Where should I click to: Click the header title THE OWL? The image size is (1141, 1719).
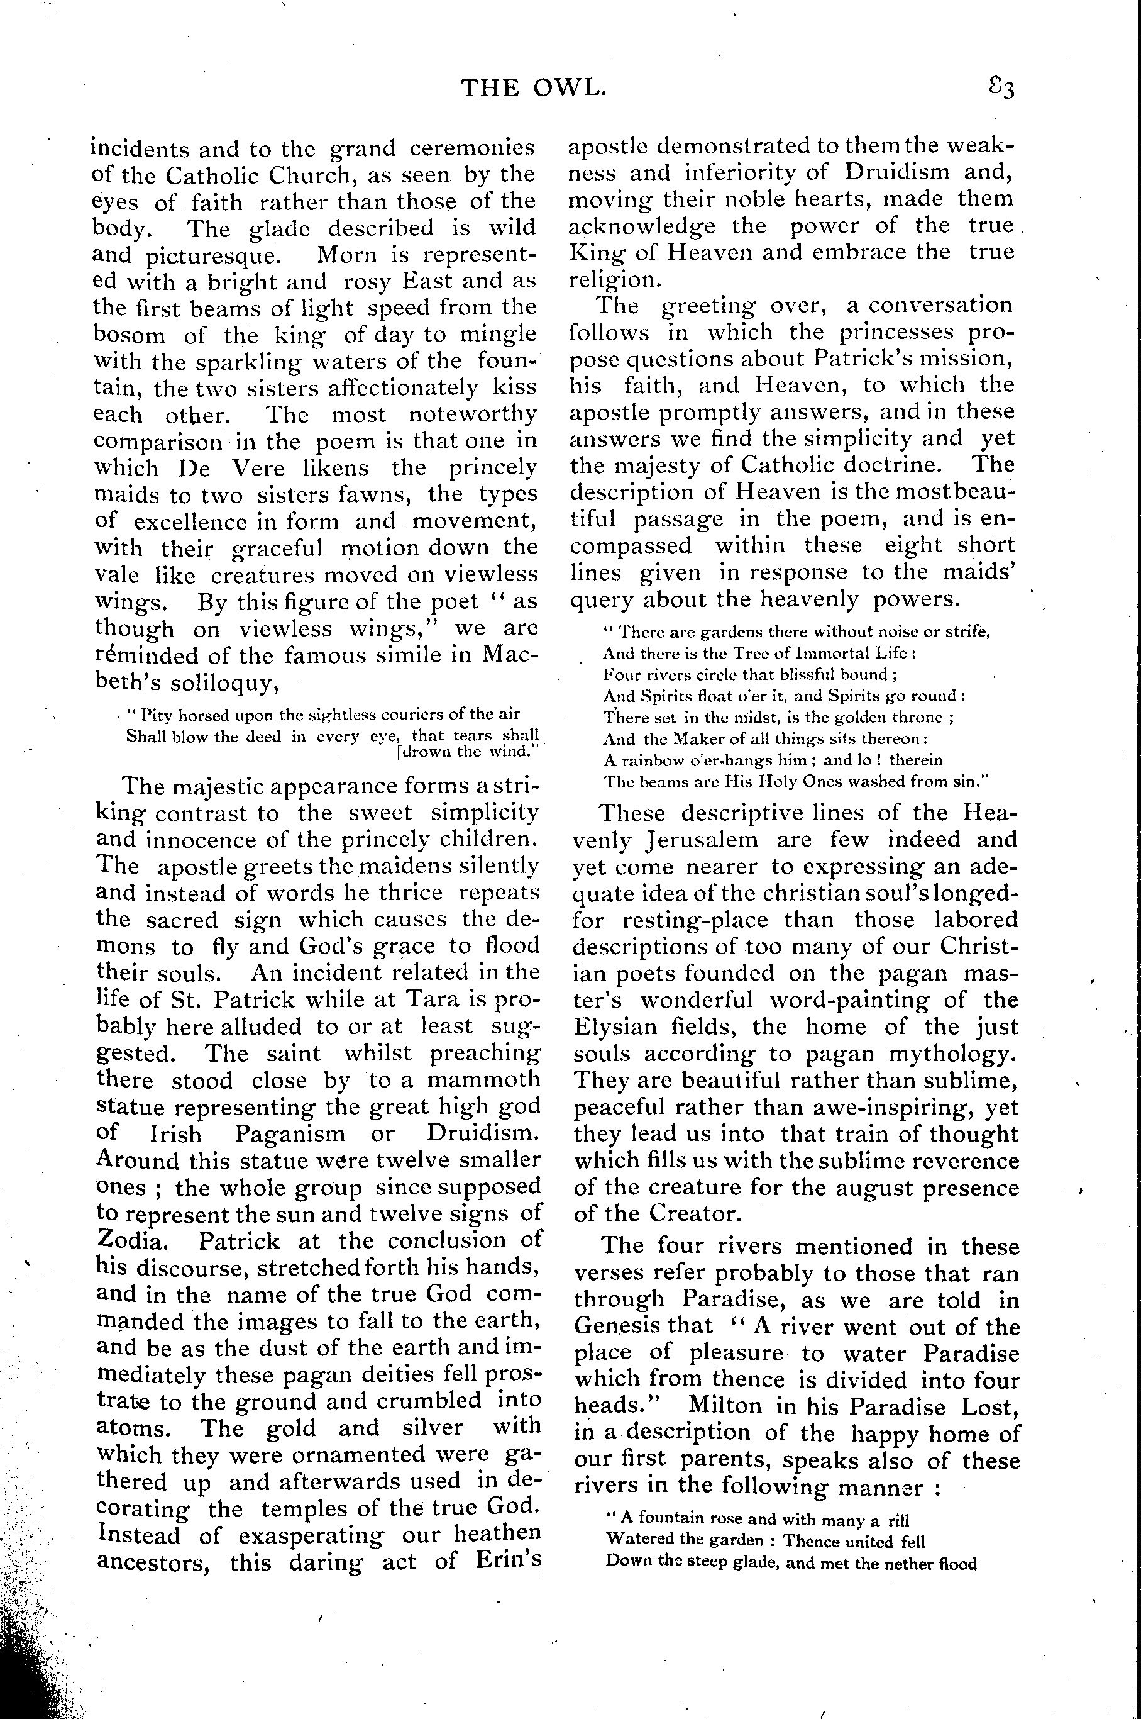534,89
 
